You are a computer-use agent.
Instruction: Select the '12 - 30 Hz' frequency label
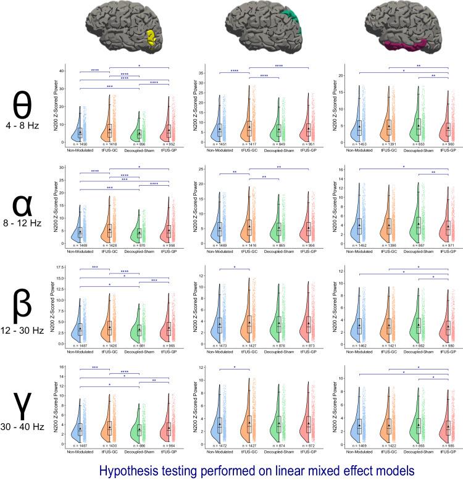(22, 331)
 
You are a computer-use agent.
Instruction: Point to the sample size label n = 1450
(80, 144)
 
